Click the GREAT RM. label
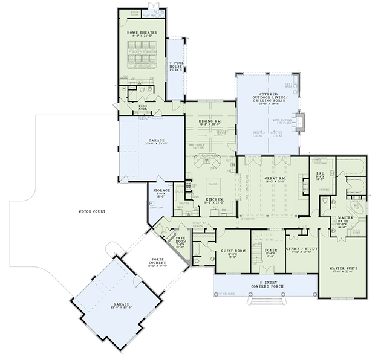pos(273,179)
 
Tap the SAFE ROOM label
pos(180,240)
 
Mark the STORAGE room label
pos(161,191)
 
